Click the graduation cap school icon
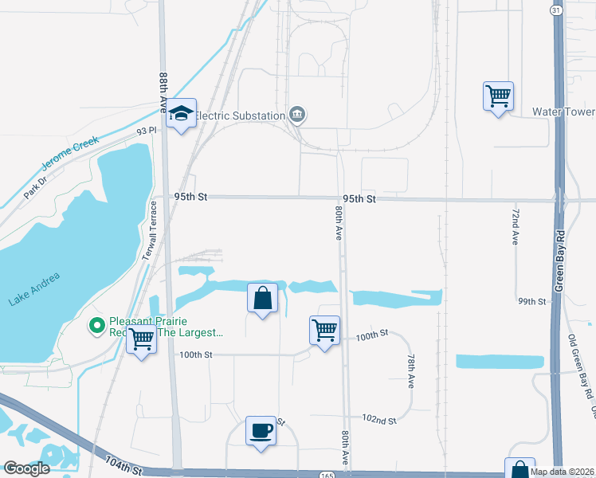tap(182, 115)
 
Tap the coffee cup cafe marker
tap(261, 431)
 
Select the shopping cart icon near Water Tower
tap(498, 96)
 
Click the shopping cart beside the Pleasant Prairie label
tap(142, 339)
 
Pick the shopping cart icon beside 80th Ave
tap(324, 330)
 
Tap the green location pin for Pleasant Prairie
tap(97, 325)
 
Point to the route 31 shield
tap(556, 9)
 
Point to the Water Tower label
tap(563, 112)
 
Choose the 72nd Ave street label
tap(515, 227)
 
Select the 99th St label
tap(531, 302)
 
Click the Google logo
tap(27, 468)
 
